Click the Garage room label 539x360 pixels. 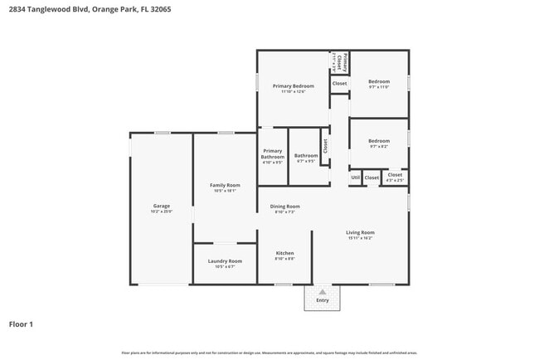(x=161, y=206)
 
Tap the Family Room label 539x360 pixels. (x=224, y=185)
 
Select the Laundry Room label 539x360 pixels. (x=224, y=260)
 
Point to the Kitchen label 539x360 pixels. (x=284, y=253)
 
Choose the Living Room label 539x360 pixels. (x=360, y=232)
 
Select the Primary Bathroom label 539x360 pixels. (x=272, y=153)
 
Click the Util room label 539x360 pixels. (x=355, y=177)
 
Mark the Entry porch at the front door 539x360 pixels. (x=322, y=299)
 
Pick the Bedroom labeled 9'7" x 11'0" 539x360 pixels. (x=379, y=81)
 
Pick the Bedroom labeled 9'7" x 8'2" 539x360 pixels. (x=378, y=141)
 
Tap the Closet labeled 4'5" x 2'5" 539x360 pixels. (x=395, y=175)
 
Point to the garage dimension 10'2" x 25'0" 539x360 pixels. (x=161, y=212)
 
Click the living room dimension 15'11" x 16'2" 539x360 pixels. (x=360, y=239)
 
